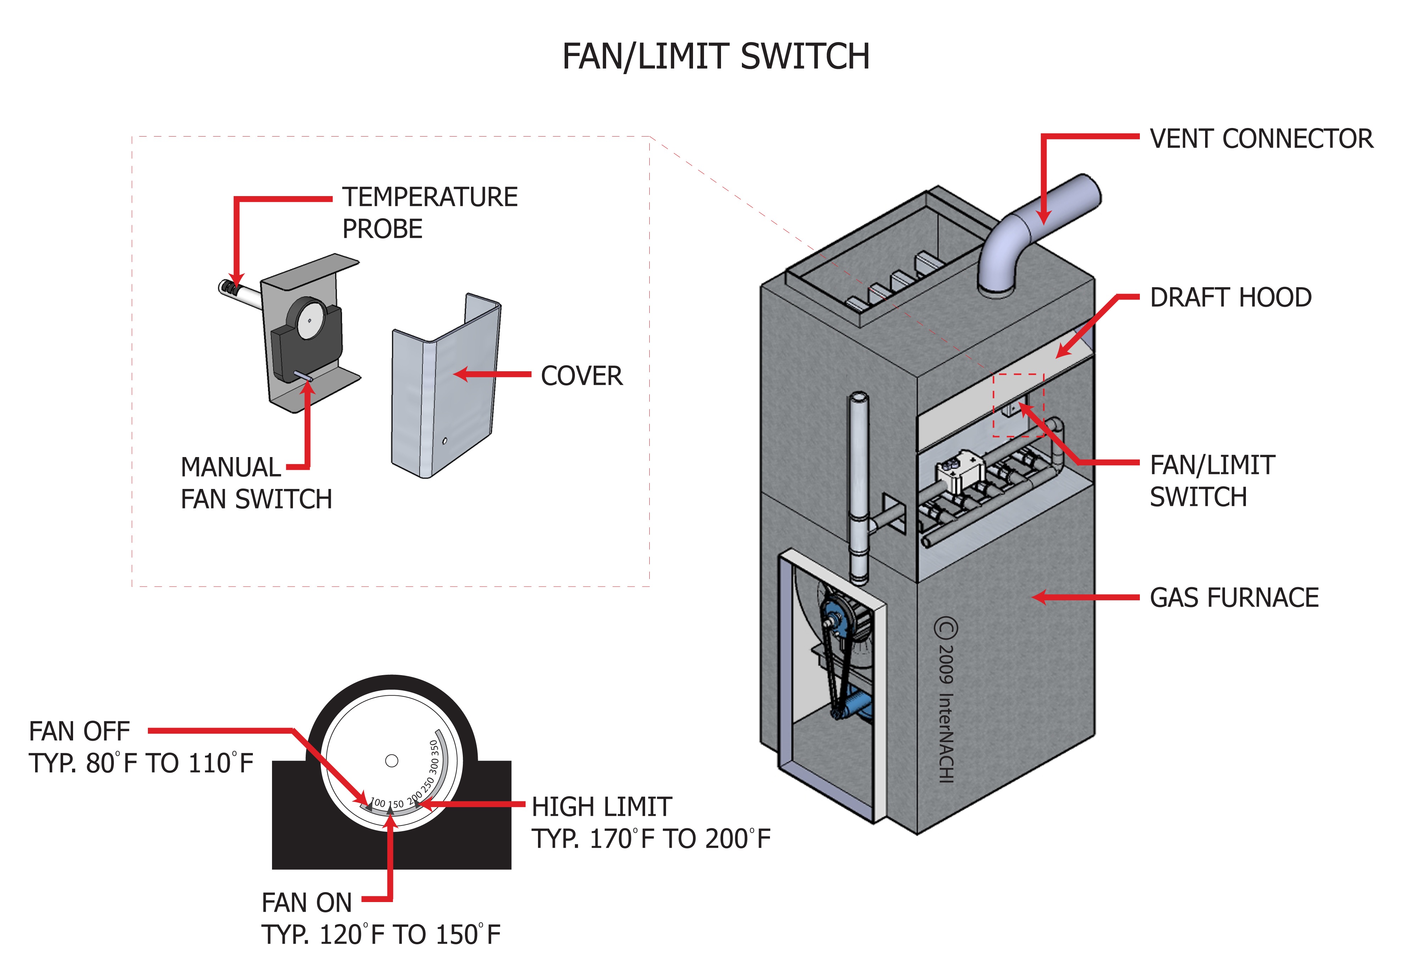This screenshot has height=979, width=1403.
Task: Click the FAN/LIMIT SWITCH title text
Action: click(716, 57)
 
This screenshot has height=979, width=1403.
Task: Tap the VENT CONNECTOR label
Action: click(1261, 139)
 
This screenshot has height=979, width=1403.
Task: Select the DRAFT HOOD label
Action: click(1230, 297)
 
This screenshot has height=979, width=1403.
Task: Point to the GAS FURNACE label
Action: click(1234, 598)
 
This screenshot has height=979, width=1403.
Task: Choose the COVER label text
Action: click(581, 376)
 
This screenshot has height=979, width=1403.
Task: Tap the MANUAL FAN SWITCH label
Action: click(256, 483)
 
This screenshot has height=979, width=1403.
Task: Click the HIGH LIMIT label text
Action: click(602, 807)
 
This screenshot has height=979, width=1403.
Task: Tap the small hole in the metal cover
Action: click(445, 441)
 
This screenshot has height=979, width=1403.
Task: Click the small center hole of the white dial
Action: click(392, 761)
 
